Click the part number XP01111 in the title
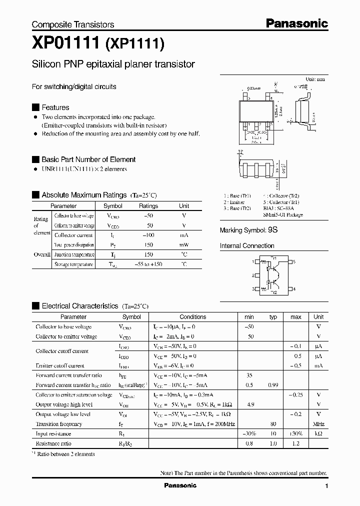coord(66,44)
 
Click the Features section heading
coord(55,107)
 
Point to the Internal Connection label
coord(247,246)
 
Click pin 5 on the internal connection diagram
coord(294,261)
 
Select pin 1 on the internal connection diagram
coord(252,261)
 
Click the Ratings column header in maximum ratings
coord(148,206)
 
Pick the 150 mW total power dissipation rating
coord(148,245)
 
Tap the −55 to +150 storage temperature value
coord(148,264)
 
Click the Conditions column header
coord(192,317)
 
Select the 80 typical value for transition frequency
coord(273,424)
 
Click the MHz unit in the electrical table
coord(318,424)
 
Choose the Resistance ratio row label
coord(53,443)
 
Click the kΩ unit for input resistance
coord(318,434)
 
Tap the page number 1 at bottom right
coord(326,486)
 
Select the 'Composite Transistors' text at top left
coord(73,24)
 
